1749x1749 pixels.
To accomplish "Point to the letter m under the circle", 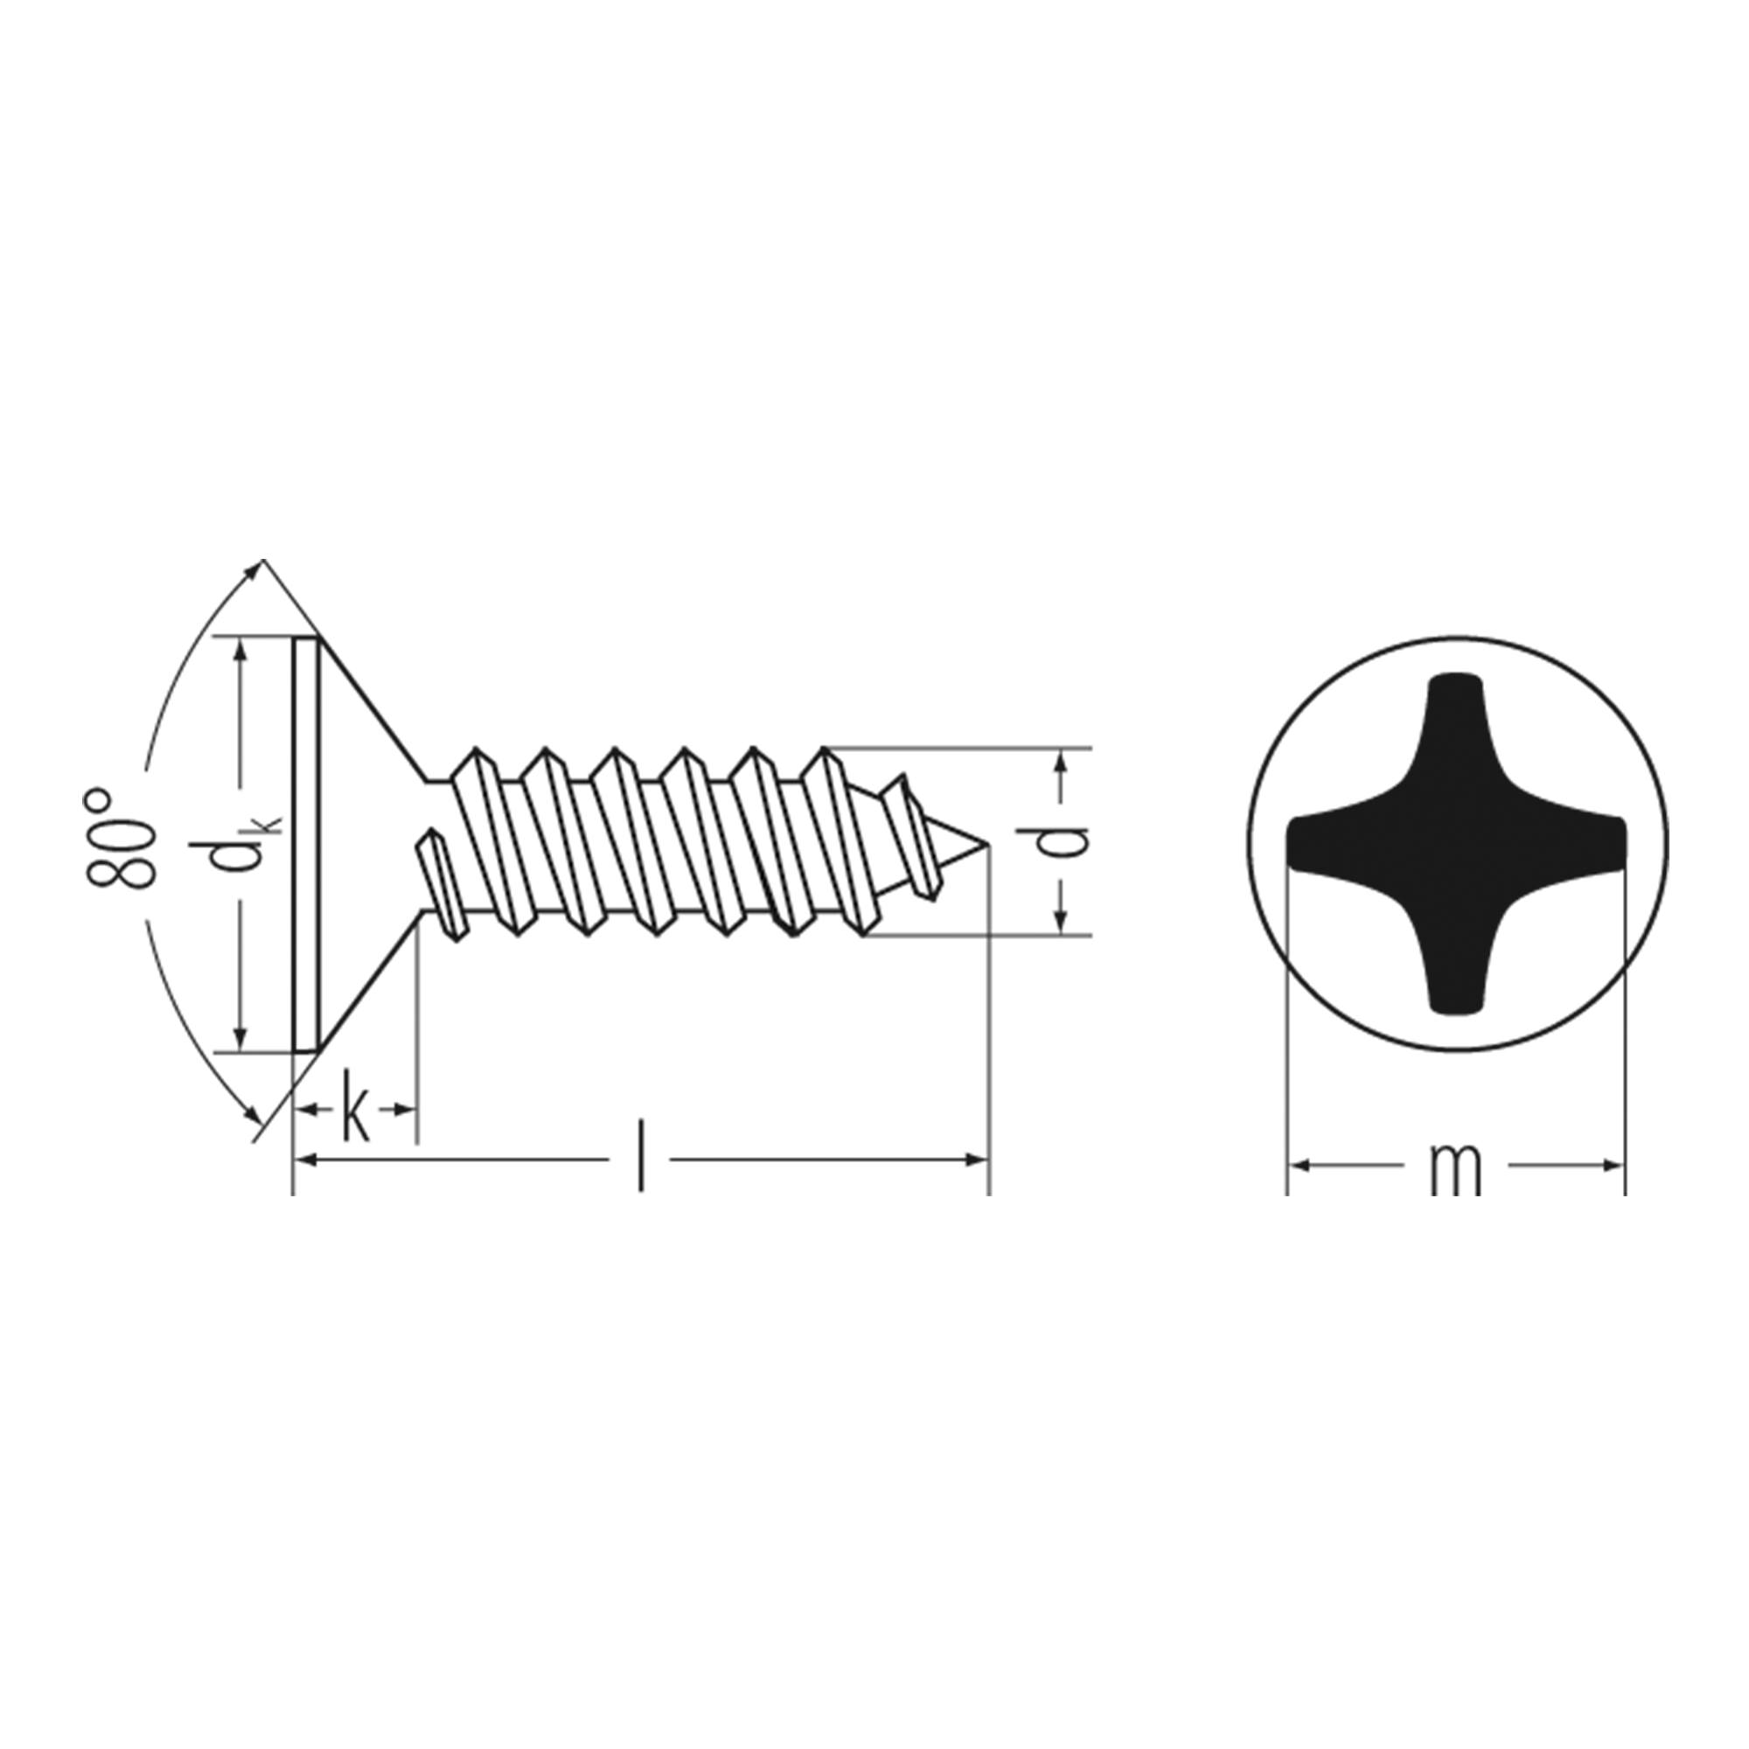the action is coord(1456,1169).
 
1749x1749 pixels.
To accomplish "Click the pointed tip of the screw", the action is coord(987,847).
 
